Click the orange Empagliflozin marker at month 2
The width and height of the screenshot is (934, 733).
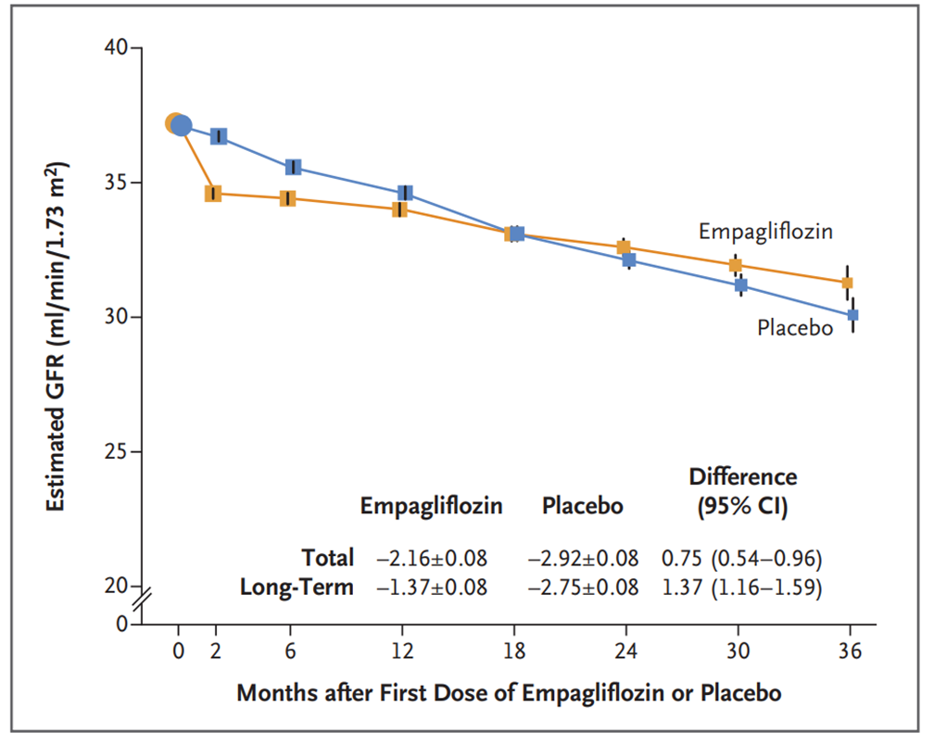point(213,194)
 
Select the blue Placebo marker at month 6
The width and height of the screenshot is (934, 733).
point(293,167)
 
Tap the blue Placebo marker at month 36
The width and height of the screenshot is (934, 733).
point(852,315)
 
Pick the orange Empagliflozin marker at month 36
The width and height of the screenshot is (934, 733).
point(847,283)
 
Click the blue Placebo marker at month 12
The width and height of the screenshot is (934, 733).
point(405,193)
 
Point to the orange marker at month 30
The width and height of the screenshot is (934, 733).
point(735,265)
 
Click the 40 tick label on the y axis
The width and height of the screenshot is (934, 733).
point(116,47)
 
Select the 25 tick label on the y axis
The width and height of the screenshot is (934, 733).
point(116,452)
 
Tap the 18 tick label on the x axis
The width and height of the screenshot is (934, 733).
point(514,651)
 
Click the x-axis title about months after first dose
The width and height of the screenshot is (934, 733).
point(509,693)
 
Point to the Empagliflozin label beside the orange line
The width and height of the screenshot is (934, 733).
point(765,232)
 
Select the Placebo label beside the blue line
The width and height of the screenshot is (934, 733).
point(795,328)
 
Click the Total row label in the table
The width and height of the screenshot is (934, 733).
point(327,558)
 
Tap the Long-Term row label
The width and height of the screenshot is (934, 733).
point(297,588)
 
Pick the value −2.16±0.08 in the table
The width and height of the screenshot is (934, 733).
point(431,558)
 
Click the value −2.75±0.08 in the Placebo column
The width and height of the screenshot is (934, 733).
point(583,588)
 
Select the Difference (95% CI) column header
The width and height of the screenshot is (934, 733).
point(742,492)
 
